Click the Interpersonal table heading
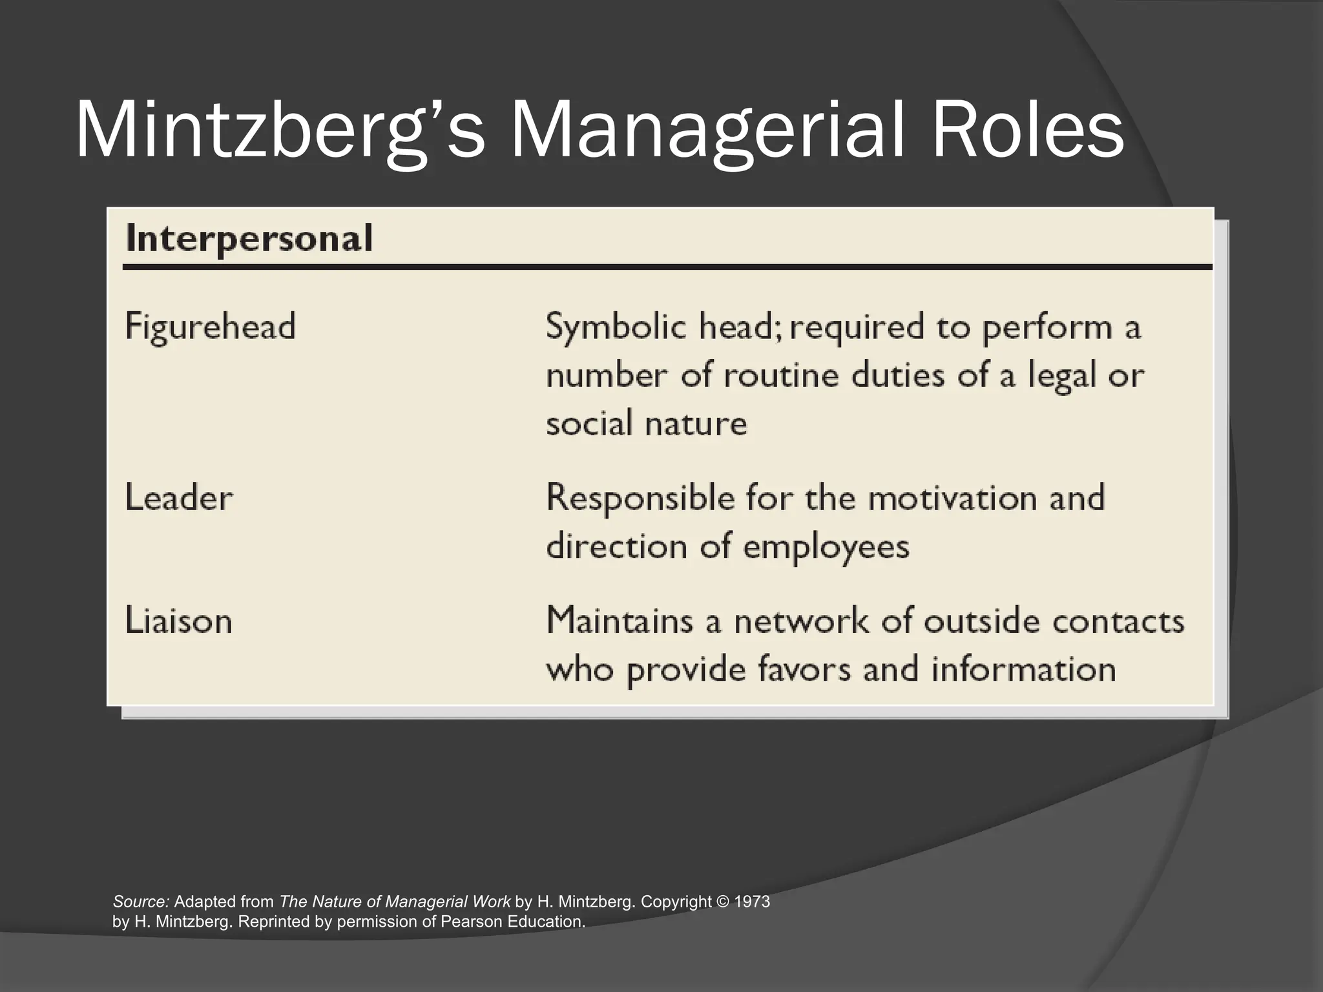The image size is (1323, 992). point(249,238)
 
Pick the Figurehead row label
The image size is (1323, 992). point(211,325)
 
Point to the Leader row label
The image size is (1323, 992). point(179,498)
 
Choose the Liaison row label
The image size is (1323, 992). point(179,620)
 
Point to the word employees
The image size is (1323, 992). point(826,548)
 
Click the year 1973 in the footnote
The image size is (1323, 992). point(753,902)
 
